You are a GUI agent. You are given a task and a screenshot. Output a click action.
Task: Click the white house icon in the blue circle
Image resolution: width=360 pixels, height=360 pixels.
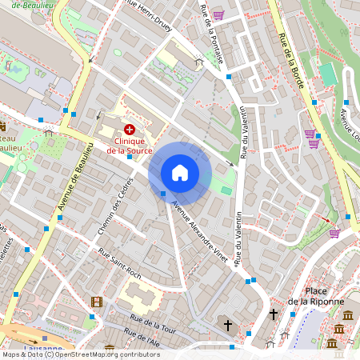coord(180,173)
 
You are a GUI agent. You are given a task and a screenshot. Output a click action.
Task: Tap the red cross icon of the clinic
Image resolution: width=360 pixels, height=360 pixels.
coord(129,129)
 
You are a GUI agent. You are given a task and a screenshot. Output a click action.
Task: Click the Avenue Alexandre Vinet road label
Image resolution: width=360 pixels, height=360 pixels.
coord(200,231)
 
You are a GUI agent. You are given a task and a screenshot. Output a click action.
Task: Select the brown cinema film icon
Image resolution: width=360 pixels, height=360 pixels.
coord(97,302)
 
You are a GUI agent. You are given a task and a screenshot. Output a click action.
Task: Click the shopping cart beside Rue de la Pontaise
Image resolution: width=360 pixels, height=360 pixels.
coord(218,15)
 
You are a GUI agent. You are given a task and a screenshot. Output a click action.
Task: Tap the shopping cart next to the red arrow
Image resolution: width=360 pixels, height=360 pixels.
coord(334,233)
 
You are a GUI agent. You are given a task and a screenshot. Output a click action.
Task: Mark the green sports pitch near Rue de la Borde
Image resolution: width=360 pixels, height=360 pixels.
coord(328,74)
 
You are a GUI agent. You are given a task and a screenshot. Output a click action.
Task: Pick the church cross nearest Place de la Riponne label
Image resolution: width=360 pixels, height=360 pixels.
coord(274,314)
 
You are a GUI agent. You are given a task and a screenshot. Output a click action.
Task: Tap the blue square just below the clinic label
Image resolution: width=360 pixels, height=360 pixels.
coord(130,158)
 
